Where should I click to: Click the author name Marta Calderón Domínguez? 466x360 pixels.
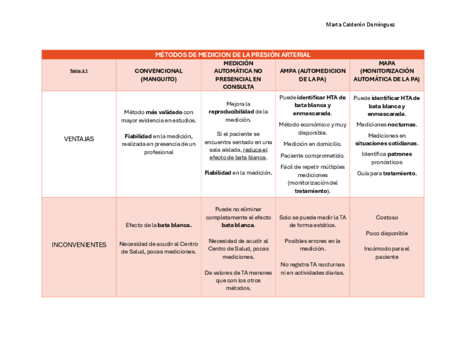click(360, 25)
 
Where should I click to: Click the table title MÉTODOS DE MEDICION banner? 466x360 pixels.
click(232, 54)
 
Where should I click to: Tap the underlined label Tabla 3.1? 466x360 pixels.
click(79, 71)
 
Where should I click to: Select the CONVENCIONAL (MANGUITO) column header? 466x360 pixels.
click(158, 75)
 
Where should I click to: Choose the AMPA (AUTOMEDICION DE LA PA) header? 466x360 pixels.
click(312, 75)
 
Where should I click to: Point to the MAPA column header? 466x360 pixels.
click(387, 71)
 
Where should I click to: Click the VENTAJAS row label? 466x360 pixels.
click(79, 139)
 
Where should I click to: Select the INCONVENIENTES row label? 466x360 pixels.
click(79, 245)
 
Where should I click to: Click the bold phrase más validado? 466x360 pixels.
click(164, 112)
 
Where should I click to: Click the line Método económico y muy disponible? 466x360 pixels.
click(312, 128)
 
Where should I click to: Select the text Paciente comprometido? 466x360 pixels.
click(312, 156)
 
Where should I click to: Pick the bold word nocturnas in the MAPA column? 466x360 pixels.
click(402, 125)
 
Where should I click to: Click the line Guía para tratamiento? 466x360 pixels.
click(387, 173)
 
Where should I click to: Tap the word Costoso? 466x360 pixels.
click(387, 218)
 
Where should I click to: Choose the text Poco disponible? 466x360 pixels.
click(387, 233)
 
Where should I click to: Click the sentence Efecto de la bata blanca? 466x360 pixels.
click(158, 225)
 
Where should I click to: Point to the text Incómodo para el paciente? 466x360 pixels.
click(387, 252)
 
